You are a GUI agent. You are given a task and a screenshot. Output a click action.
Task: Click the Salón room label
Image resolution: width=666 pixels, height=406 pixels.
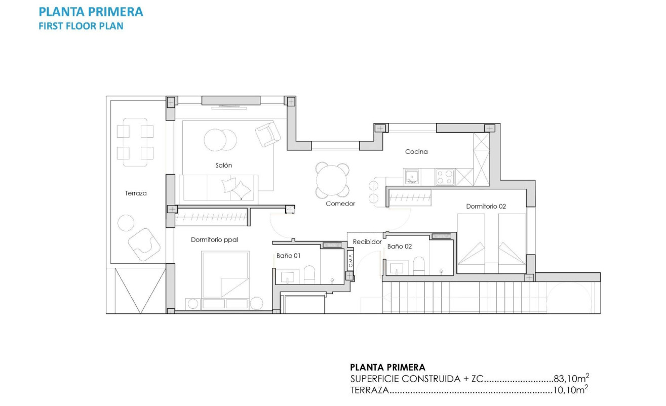pos(223,166)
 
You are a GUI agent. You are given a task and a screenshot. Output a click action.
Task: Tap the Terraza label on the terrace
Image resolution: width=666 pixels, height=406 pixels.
pos(136,193)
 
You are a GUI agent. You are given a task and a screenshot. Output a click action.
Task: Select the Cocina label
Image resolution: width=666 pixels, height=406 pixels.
pos(416,151)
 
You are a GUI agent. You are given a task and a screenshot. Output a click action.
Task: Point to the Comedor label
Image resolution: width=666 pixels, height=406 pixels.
pos(340,204)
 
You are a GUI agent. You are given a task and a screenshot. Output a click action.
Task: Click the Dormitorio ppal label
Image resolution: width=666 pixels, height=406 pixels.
pos(214,239)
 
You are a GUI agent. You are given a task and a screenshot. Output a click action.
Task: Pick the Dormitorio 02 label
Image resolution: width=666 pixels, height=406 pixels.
pos(486,206)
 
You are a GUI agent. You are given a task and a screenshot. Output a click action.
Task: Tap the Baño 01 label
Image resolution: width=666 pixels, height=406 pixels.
pos(288,256)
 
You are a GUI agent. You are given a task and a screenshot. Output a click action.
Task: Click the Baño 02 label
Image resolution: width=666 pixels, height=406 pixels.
pos(400,246)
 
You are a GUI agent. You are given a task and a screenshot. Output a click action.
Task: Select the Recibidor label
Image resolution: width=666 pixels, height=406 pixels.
pos(367,242)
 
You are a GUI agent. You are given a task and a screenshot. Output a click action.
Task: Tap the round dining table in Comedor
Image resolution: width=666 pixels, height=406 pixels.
pos(333,180)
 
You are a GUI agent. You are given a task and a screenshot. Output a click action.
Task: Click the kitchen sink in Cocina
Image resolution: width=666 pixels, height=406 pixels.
pos(412,177)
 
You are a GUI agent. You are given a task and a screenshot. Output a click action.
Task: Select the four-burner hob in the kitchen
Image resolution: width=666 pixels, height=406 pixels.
pos(445,177)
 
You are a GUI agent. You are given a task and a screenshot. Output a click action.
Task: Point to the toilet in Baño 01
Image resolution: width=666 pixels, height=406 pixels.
pos(309,274)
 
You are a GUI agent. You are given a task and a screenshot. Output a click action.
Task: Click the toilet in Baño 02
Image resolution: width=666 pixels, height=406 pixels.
pos(419,266)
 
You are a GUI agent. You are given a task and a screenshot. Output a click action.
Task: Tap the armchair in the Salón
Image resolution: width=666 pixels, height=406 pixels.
pos(267,135)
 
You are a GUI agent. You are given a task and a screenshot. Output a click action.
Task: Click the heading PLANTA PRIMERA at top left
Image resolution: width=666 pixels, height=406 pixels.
pos(91,12)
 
